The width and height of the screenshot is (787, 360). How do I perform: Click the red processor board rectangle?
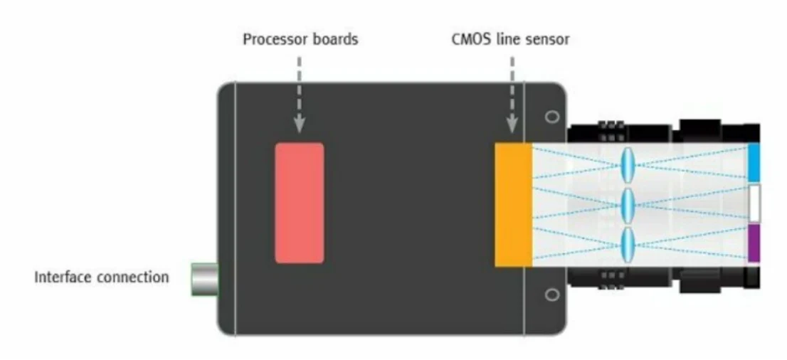pos(299,203)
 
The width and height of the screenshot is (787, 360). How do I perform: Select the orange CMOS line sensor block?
pos(514,205)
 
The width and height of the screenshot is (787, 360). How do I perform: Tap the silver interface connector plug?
pos(205,279)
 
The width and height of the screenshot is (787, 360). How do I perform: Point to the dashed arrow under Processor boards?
pos(299,95)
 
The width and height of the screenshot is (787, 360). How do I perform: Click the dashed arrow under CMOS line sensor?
pos(512,95)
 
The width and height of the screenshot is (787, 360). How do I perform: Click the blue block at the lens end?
pos(754,162)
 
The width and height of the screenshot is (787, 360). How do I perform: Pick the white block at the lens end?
pos(754,203)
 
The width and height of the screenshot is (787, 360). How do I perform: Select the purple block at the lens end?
pos(754,243)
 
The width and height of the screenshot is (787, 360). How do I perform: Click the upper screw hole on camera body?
pos(551,117)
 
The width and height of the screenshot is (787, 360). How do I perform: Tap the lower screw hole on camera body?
pos(551,295)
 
